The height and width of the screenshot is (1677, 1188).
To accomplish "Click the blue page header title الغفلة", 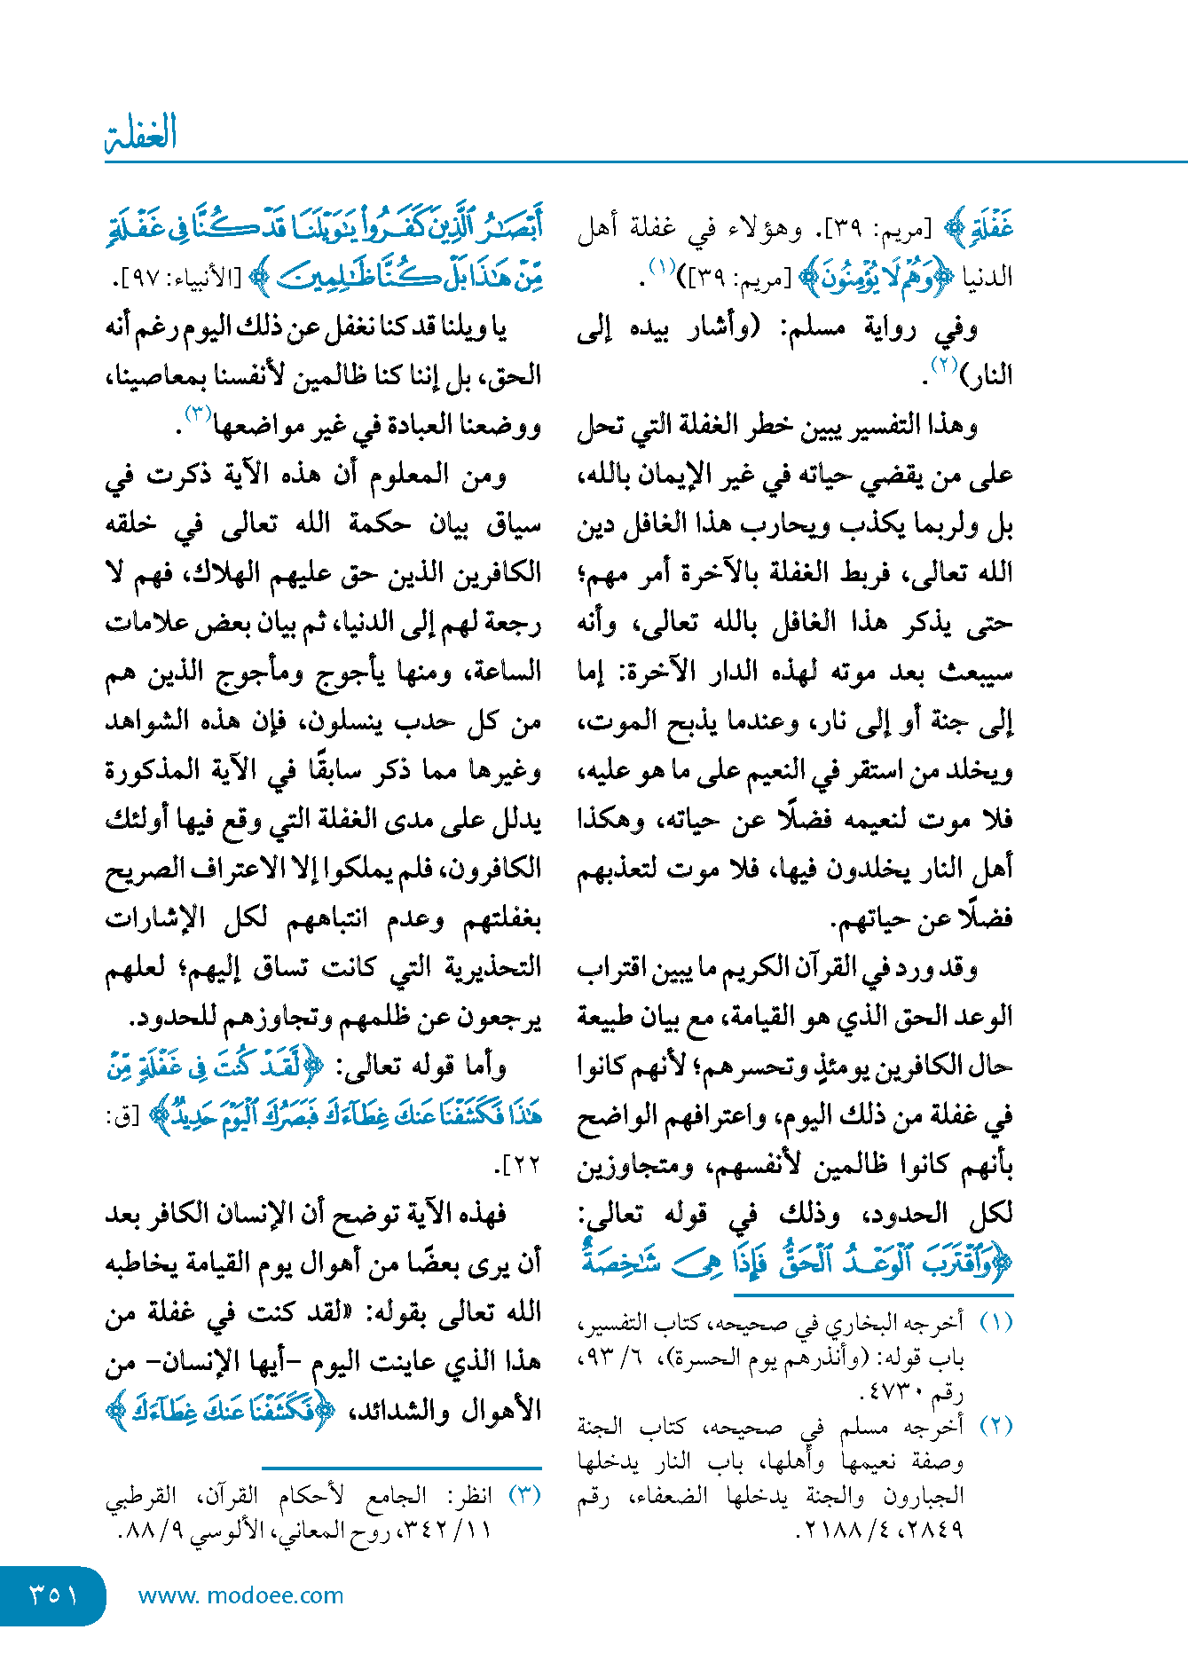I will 141,133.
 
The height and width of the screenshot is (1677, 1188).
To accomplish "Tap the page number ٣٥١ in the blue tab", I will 53,1595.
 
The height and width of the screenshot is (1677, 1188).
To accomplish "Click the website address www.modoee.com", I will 240,1595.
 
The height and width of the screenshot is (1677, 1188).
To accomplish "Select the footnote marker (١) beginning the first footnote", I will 995,1323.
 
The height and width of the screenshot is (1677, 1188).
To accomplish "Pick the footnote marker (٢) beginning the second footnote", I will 995,1427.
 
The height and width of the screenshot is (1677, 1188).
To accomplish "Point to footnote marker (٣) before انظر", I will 524,1495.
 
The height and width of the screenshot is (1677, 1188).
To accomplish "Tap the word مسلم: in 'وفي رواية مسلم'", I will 814,329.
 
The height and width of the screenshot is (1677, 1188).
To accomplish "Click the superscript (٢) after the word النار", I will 940,366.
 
